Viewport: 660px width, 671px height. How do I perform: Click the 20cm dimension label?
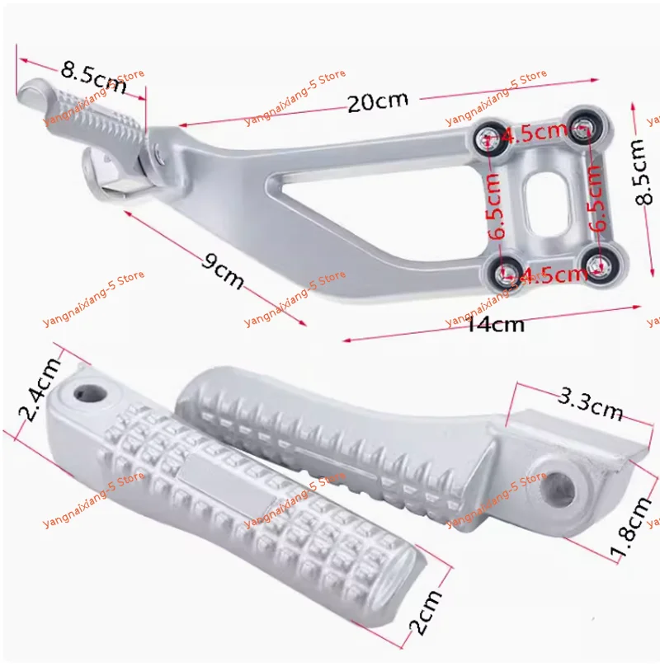(x=378, y=102)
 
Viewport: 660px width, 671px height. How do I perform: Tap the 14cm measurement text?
(x=495, y=324)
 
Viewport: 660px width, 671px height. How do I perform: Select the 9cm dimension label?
(x=224, y=271)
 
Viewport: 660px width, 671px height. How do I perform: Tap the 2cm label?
(x=425, y=613)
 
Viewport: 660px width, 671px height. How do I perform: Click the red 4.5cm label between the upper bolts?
(x=535, y=133)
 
